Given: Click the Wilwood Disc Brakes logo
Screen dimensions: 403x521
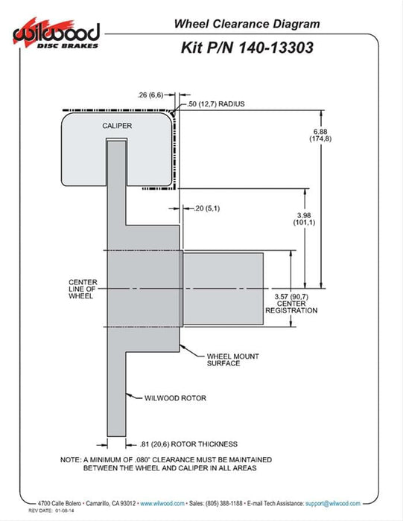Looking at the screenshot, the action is pyautogui.click(x=56, y=33).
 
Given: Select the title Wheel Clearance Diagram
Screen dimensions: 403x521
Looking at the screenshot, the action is pyautogui.click(x=247, y=24).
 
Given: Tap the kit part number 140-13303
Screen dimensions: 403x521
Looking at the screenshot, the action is pyautogui.click(x=276, y=48).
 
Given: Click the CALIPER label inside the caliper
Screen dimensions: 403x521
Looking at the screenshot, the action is pyautogui.click(x=117, y=126).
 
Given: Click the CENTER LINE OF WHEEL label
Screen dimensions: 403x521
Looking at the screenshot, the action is pyautogui.click(x=83, y=289).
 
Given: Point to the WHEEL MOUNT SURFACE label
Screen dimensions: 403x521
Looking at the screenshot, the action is pyautogui.click(x=232, y=359).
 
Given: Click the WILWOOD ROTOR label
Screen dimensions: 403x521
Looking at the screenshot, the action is pyautogui.click(x=175, y=398).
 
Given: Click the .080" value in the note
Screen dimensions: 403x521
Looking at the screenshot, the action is pyautogui.click(x=142, y=460).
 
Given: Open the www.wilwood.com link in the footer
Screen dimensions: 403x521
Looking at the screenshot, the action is pyautogui.click(x=162, y=503).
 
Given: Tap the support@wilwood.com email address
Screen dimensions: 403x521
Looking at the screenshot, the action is pyautogui.click(x=332, y=503).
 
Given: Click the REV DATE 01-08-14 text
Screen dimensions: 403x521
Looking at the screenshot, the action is pyautogui.click(x=51, y=511).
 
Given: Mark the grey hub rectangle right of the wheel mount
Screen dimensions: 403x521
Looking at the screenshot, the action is pyautogui.click(x=223, y=289).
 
